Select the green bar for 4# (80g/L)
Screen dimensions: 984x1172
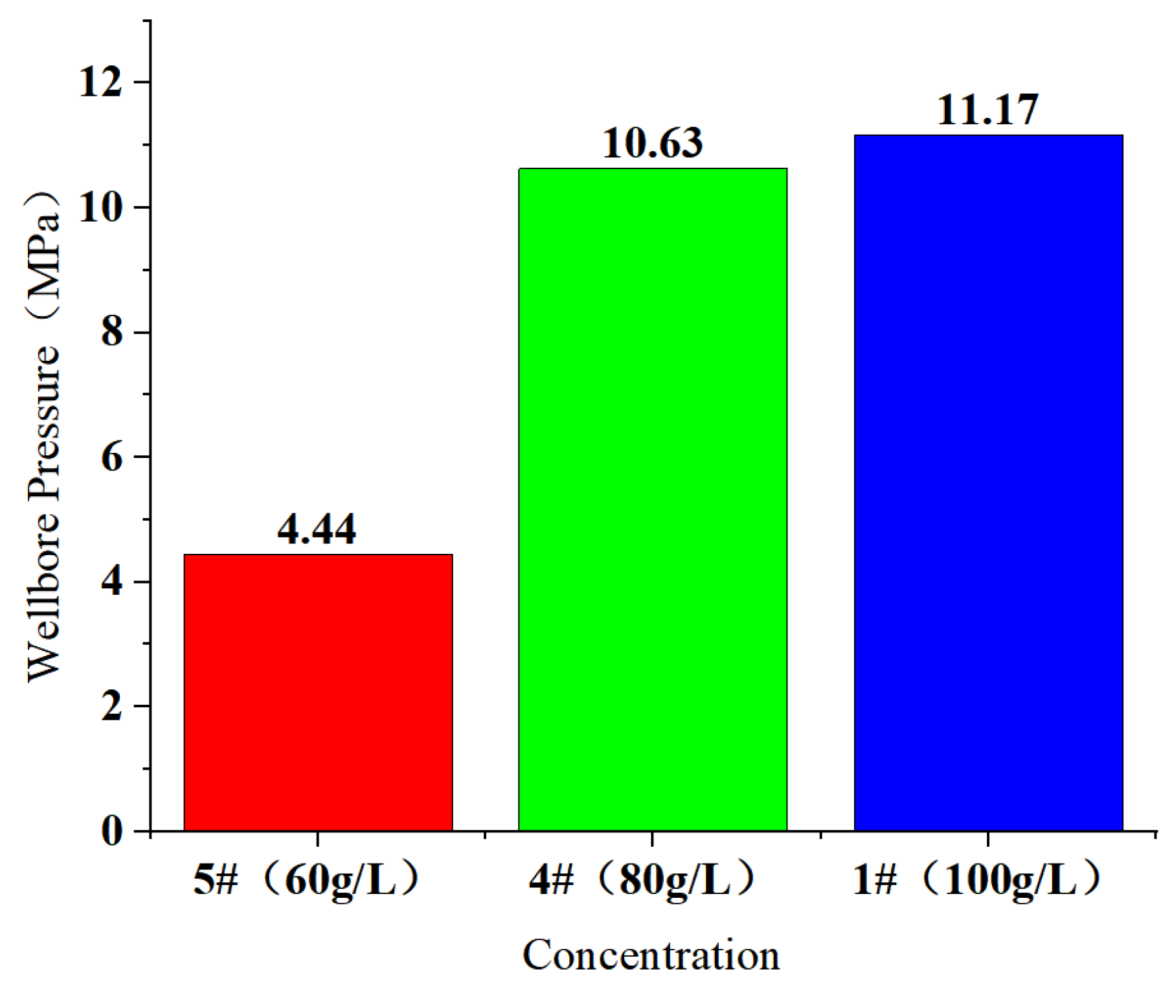[x=653, y=499]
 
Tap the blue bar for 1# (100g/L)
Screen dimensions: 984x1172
[x=988, y=483]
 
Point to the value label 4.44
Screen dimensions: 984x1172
[x=317, y=529]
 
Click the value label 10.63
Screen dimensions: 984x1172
[x=652, y=143]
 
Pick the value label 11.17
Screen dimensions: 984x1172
[x=987, y=109]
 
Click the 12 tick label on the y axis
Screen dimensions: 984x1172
[x=100, y=83]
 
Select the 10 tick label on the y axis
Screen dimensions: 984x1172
[x=100, y=208]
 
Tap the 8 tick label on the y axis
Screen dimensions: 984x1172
[x=112, y=332]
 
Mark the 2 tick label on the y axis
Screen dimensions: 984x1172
[x=112, y=707]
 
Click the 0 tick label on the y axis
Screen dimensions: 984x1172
[x=112, y=831]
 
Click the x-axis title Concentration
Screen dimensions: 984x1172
[x=651, y=955]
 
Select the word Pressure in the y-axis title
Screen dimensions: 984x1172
[x=44, y=424]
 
